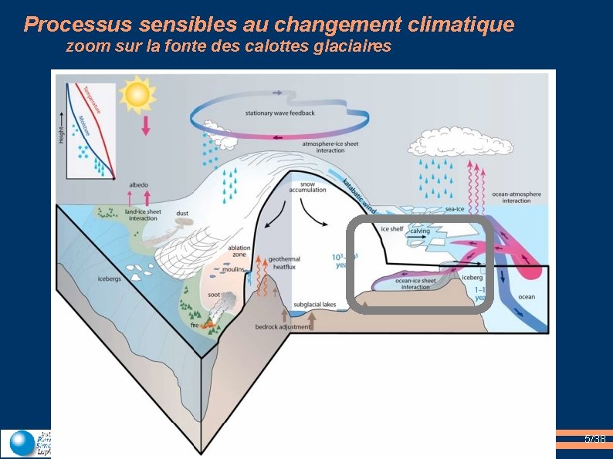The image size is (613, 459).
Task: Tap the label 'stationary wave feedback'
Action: click(x=279, y=113)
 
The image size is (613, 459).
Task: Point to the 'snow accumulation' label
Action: click(x=307, y=187)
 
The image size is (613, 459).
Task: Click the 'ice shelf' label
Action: click(x=391, y=229)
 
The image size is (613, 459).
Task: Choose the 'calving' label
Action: click(x=420, y=231)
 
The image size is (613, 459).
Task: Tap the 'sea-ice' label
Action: click(x=455, y=209)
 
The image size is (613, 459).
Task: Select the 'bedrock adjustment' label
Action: click(x=283, y=327)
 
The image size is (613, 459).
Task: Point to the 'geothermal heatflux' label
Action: click(x=285, y=263)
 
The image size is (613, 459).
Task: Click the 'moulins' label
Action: click(x=233, y=270)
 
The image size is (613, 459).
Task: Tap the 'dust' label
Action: click(x=182, y=213)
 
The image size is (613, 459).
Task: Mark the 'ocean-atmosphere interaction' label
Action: click(x=516, y=197)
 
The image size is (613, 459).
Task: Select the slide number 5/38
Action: click(x=594, y=440)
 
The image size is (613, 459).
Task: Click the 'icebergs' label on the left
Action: click(x=109, y=278)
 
